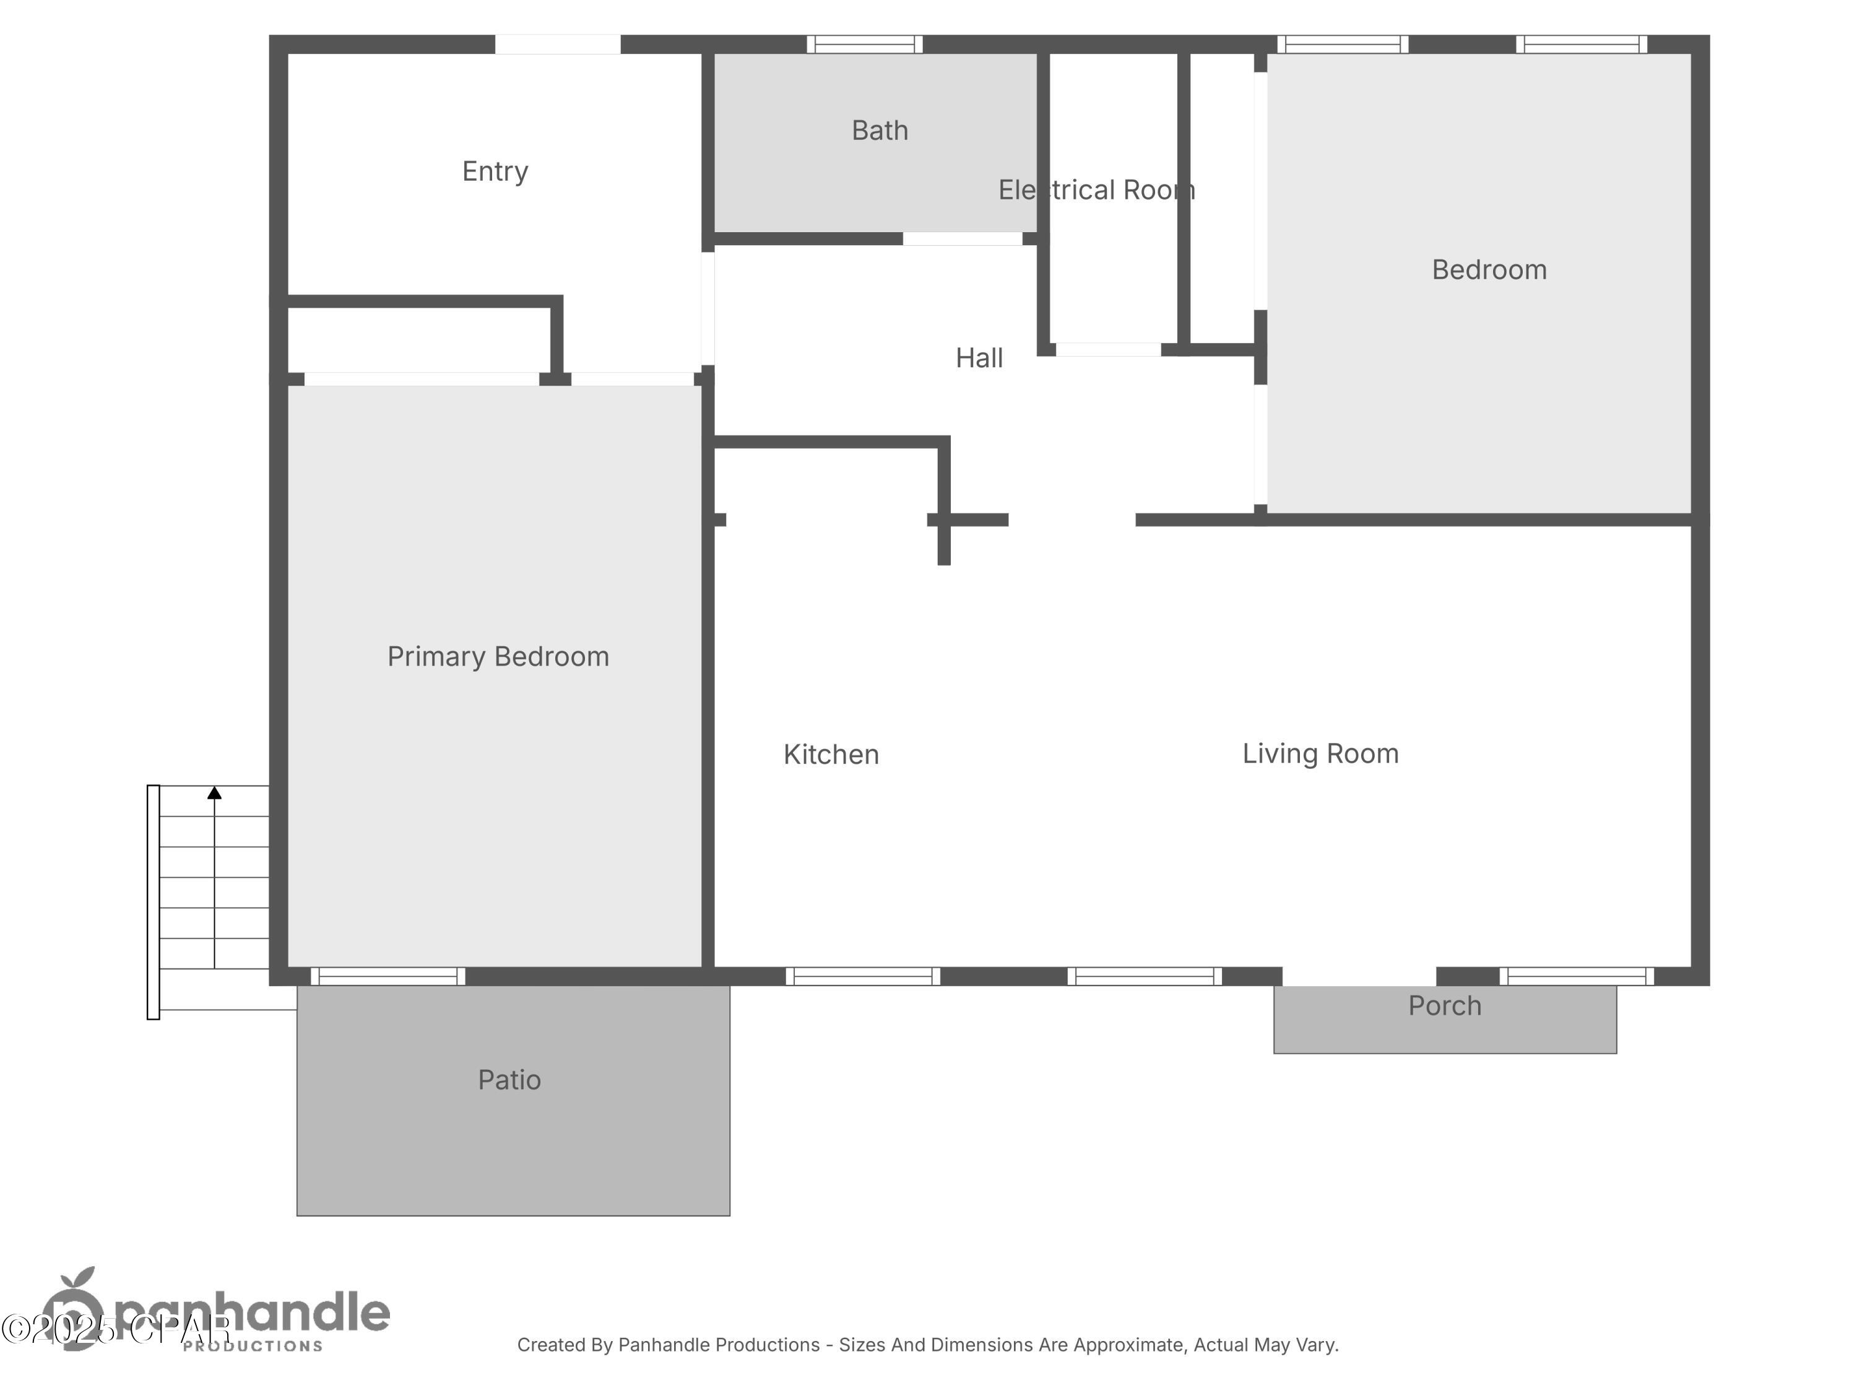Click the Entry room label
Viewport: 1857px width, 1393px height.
pyautogui.click(x=495, y=172)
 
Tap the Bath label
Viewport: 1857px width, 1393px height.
pyautogui.click(x=879, y=131)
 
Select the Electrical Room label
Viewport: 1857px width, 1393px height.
pyautogui.click(x=1096, y=191)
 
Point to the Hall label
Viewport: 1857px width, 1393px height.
pyautogui.click(x=979, y=358)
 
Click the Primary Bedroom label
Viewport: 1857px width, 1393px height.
pyautogui.click(x=498, y=657)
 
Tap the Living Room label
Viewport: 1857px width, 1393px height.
pyautogui.click(x=1320, y=754)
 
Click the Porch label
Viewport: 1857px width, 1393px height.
pyautogui.click(x=1444, y=1006)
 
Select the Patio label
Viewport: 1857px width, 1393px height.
pyautogui.click(x=509, y=1080)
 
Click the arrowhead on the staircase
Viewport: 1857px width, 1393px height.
pyautogui.click(x=215, y=792)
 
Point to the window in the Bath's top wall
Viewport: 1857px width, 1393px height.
pyautogui.click(x=864, y=45)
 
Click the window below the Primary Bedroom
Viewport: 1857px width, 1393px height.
pyautogui.click(x=388, y=976)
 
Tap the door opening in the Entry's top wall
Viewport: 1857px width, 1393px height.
pyautogui.click(x=558, y=45)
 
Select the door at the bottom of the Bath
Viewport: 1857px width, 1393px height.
pyautogui.click(x=962, y=240)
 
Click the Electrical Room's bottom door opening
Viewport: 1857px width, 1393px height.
pyautogui.click(x=1108, y=349)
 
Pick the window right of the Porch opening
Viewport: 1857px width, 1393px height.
pyautogui.click(x=1576, y=976)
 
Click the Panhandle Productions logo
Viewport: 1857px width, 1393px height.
pyautogui.click(x=219, y=1314)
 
